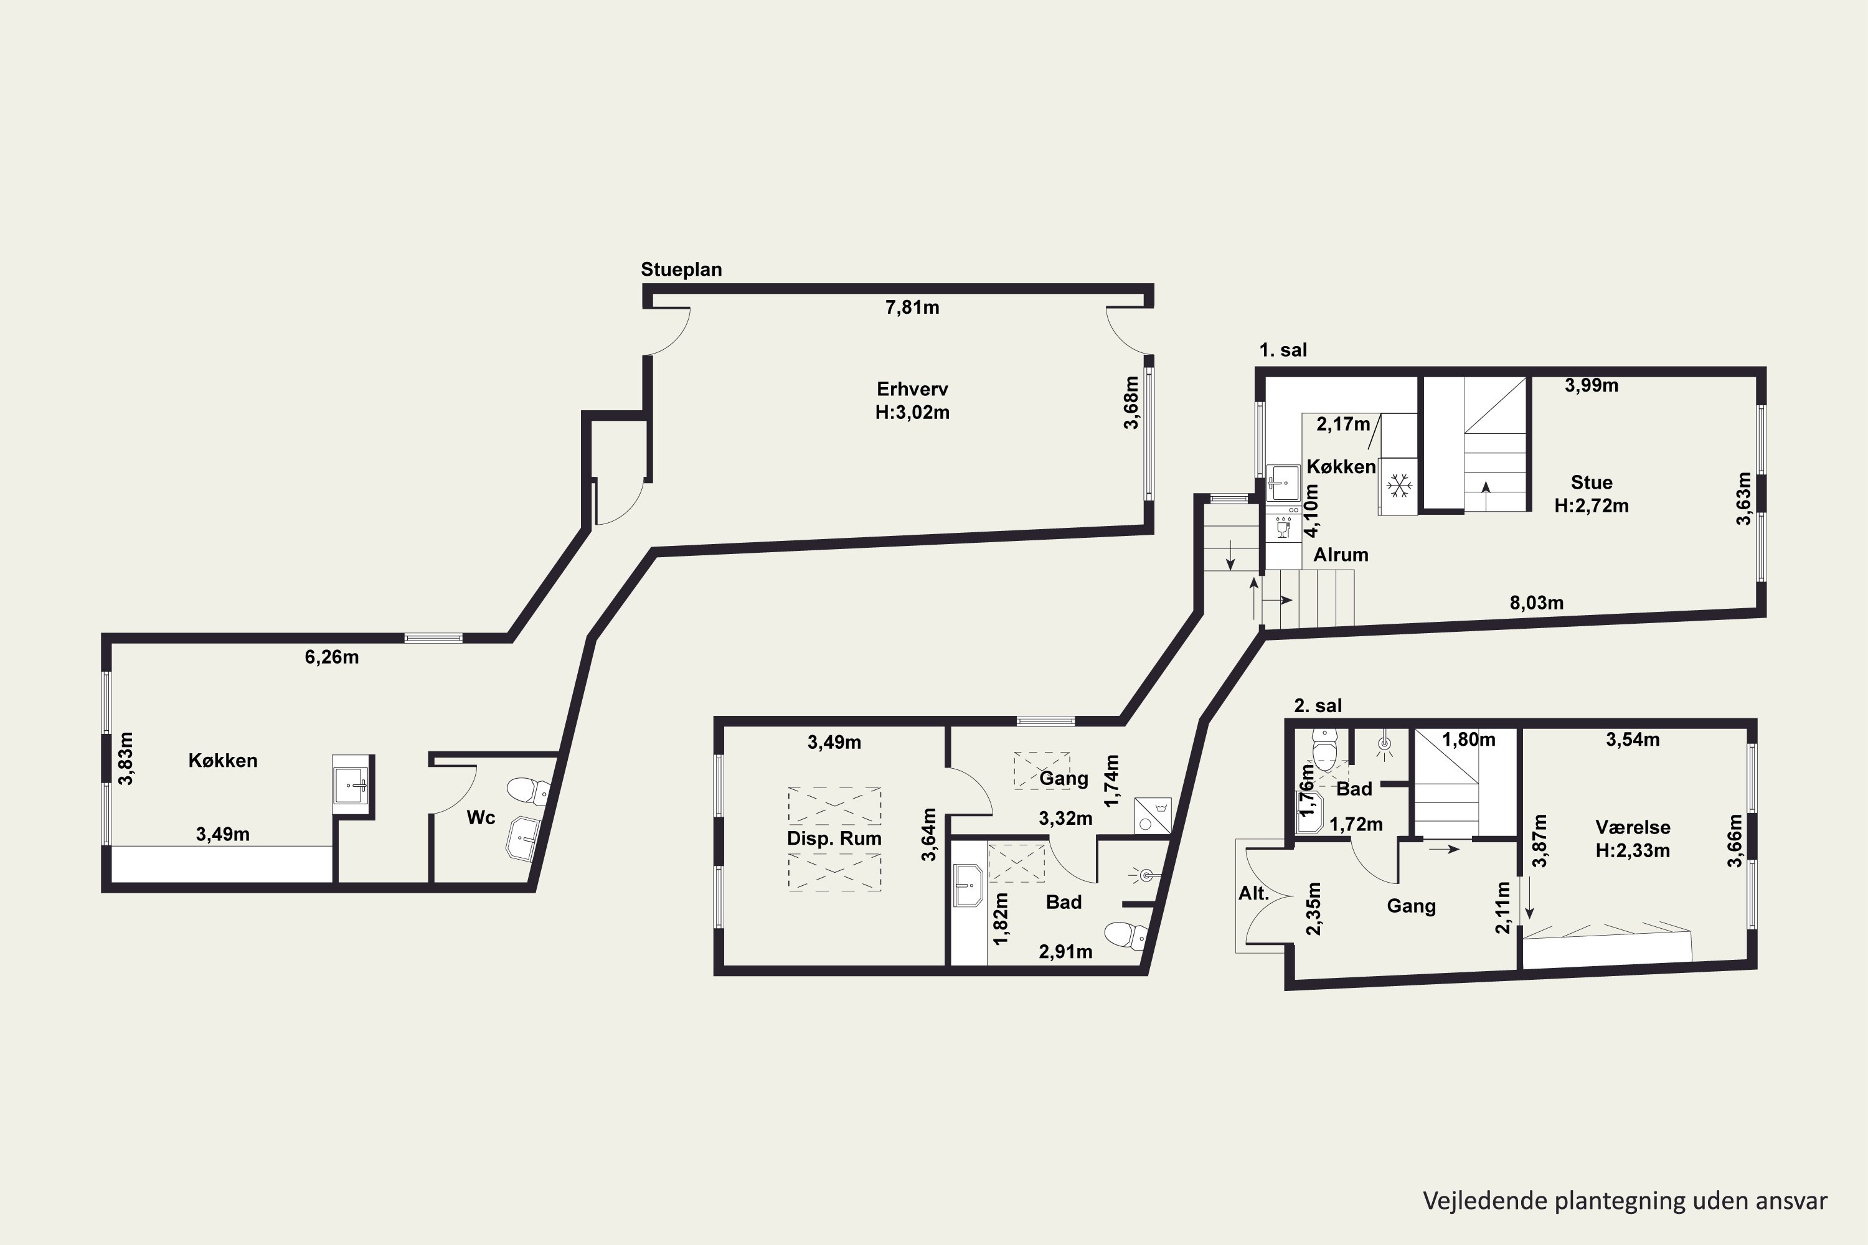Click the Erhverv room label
pos(912,389)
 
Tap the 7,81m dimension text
pos(912,308)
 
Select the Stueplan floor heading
pos(681,269)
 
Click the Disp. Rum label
pos(834,839)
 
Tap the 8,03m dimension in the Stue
pos(1536,603)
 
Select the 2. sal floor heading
pos(1318,705)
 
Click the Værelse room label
pos(1633,827)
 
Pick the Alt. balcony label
pos(1253,893)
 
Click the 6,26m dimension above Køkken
pos(331,657)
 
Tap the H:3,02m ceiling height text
pos(912,412)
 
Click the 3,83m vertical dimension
pos(126,758)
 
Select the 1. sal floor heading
pos(1283,349)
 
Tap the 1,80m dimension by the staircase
pos(1468,740)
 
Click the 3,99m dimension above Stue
pos(1592,385)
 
